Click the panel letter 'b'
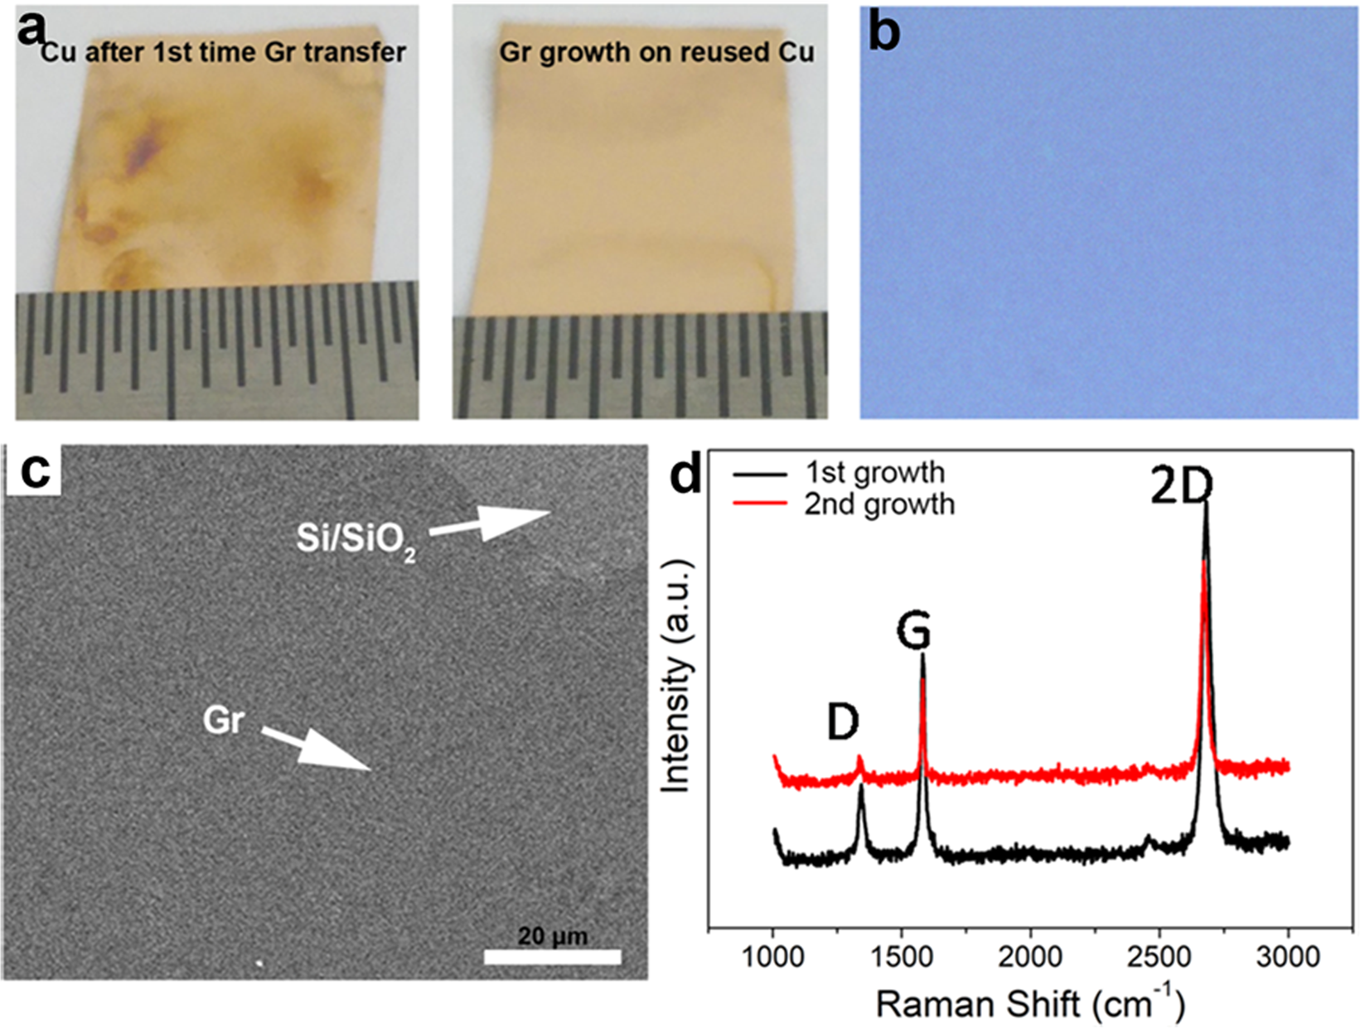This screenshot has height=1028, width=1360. (x=884, y=33)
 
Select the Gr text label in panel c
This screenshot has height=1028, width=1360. (x=223, y=720)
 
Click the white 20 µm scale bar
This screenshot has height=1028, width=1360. (x=552, y=958)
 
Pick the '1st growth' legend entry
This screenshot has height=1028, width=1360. (x=874, y=473)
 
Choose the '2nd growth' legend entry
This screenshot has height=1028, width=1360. (x=878, y=504)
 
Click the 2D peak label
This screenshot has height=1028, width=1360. (x=1181, y=487)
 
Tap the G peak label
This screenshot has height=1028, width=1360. (x=913, y=633)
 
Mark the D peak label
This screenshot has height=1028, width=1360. (x=843, y=722)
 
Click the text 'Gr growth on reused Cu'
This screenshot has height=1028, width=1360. (x=656, y=52)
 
